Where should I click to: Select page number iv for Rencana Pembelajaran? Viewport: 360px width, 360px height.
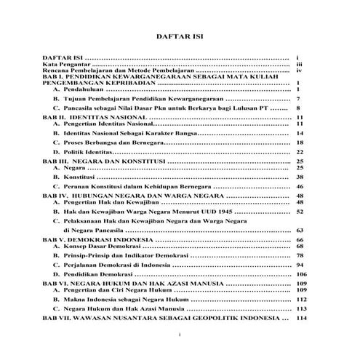pyautogui.click(x=299, y=70)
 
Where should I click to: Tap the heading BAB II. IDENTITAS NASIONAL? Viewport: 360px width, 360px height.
pyautogui.click(x=95, y=116)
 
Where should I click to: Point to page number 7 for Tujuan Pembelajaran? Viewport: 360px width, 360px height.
pyautogui.click(x=298, y=97)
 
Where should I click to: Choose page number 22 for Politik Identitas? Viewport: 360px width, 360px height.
pyautogui.click(x=299, y=152)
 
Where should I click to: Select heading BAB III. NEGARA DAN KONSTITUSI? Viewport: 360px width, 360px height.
pyautogui.click(x=103, y=161)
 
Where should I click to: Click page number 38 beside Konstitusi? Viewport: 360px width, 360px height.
pyautogui.click(x=299, y=177)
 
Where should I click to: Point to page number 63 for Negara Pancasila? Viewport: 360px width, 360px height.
pyautogui.click(x=299, y=231)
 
